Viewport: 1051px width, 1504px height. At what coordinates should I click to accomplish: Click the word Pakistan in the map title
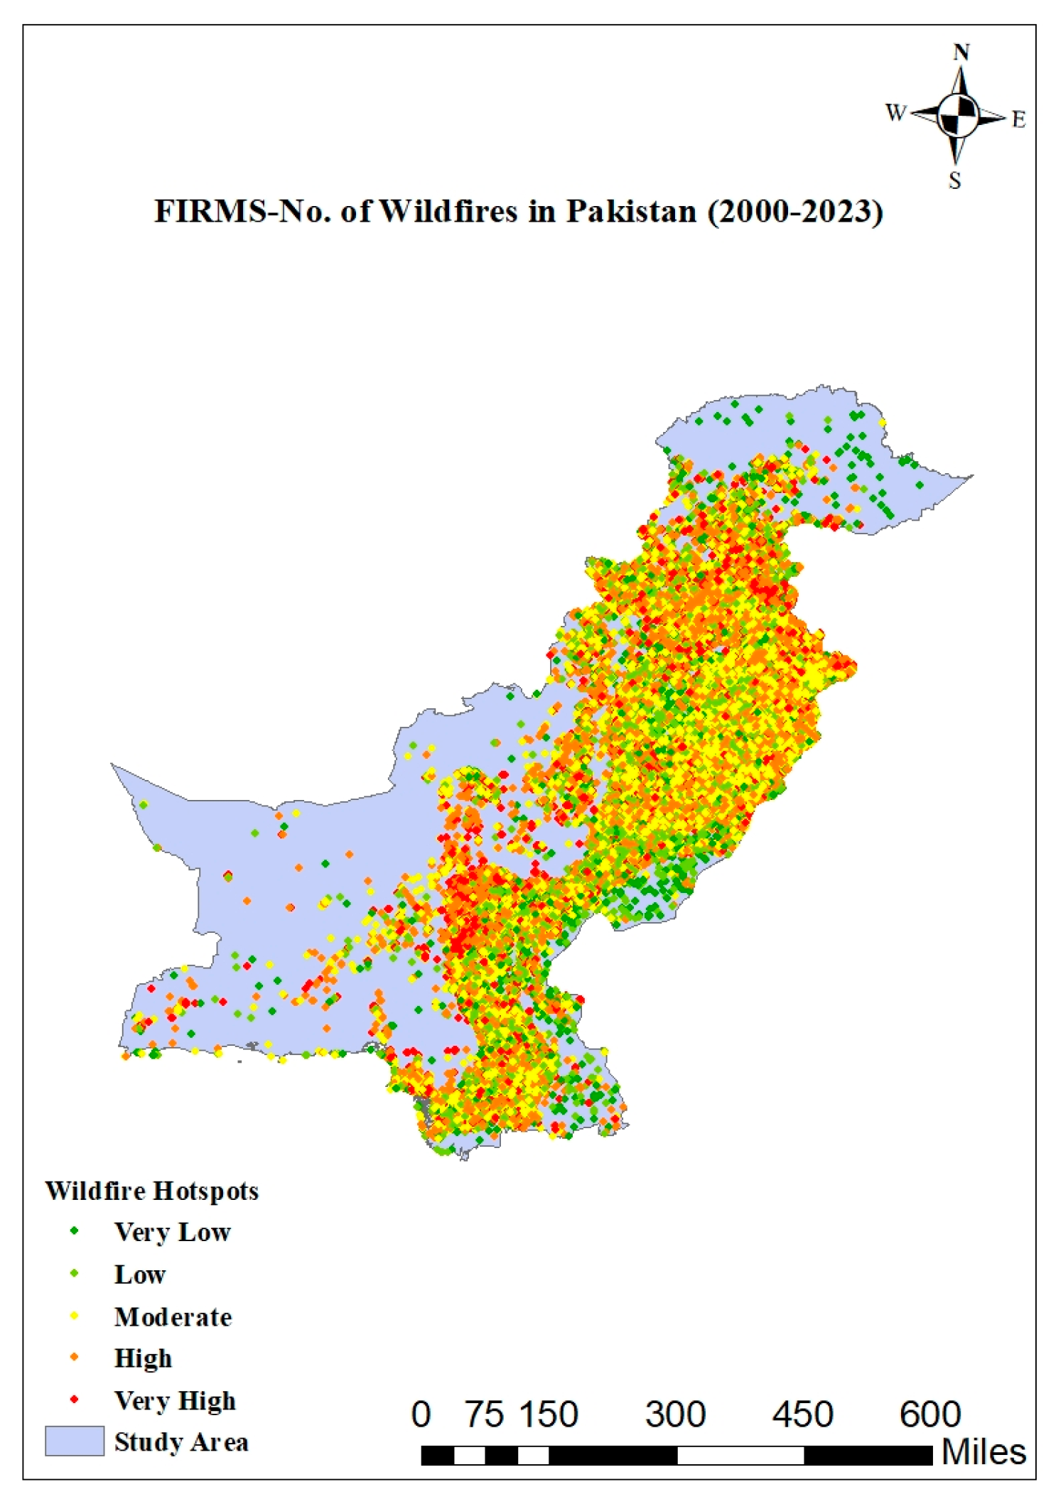[x=630, y=212]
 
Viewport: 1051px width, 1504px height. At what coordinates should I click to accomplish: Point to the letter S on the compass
[x=955, y=181]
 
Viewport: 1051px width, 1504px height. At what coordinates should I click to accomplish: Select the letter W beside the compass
[x=895, y=112]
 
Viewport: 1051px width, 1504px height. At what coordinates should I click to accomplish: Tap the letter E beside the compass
[x=1018, y=119]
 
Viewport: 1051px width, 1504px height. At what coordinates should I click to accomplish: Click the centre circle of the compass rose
[x=958, y=115]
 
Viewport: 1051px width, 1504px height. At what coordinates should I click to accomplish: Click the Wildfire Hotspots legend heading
[x=151, y=1191]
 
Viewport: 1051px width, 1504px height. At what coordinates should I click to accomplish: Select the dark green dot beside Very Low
[x=74, y=1231]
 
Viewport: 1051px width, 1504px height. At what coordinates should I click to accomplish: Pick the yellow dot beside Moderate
[x=74, y=1316]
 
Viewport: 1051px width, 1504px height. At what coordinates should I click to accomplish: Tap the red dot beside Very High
[x=74, y=1400]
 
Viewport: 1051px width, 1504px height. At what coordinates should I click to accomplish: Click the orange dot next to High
[x=74, y=1358]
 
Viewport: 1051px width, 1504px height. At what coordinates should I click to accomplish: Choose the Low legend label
[x=140, y=1275]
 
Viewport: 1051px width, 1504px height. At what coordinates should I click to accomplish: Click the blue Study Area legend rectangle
[x=75, y=1441]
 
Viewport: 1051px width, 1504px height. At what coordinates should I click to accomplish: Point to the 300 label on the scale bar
[x=675, y=1414]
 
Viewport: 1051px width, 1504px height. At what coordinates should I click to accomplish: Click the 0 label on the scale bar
[x=421, y=1414]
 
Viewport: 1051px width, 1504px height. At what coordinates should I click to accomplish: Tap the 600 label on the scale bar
[x=930, y=1414]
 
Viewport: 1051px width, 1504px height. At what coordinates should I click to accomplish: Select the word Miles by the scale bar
[x=984, y=1452]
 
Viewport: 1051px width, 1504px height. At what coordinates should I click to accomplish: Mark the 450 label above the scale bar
[x=802, y=1414]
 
